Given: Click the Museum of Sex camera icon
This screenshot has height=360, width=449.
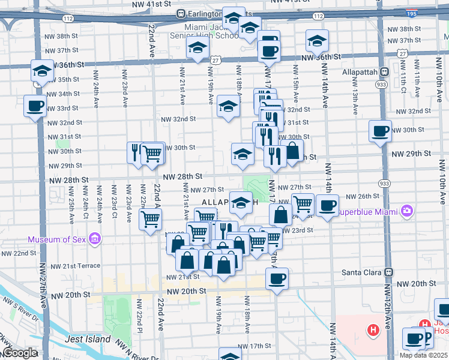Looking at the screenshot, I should [x=94, y=241].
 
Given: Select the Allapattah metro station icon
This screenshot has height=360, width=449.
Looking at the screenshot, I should [x=384, y=71].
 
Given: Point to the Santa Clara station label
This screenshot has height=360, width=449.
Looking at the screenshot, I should [x=361, y=272].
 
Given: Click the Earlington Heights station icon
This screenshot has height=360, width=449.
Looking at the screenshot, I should [x=180, y=13].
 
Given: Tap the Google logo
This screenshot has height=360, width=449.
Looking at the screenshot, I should [x=20, y=353].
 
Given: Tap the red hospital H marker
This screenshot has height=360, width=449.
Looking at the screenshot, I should [x=373, y=329].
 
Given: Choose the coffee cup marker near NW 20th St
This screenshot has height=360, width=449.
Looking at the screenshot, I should [x=277, y=278].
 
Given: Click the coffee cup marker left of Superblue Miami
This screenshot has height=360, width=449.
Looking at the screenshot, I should [x=327, y=205].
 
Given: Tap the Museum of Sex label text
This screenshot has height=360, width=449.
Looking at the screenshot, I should [x=57, y=241].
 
